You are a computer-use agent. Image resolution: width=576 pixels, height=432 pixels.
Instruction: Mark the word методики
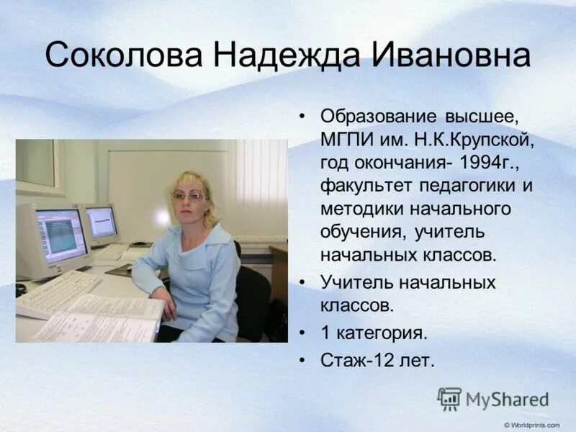pyautogui.click(x=360, y=209)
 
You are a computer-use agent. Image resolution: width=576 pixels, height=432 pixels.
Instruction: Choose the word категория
pyautogui.click(x=382, y=333)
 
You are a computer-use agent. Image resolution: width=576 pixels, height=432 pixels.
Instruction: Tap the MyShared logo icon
pyautogui.click(x=449, y=399)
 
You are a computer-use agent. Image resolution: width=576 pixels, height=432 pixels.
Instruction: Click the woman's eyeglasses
pyautogui.click(x=189, y=196)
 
